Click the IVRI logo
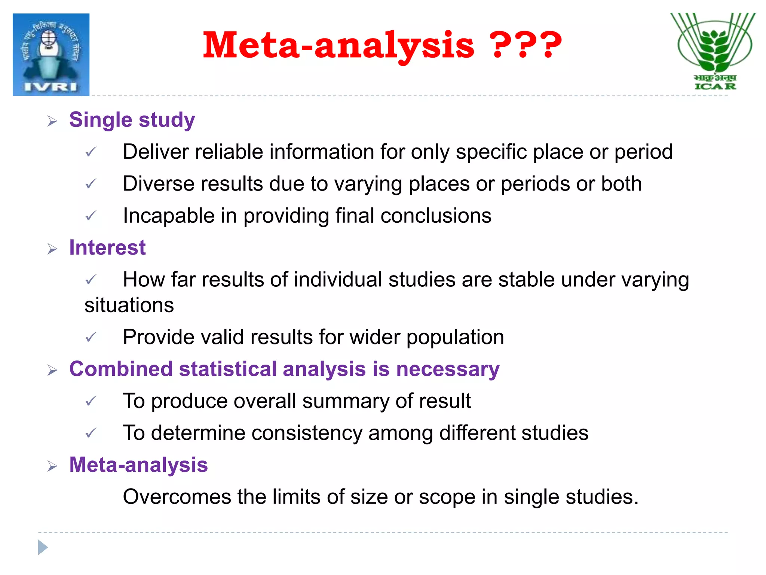[x=51, y=55]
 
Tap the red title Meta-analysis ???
[x=382, y=46]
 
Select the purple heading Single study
[x=132, y=120]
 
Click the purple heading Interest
[x=107, y=248]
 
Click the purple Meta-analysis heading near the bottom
[x=138, y=465]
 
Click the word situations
[x=129, y=305]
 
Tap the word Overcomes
[x=177, y=497]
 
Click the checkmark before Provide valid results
[x=91, y=337]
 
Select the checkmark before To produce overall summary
[x=91, y=401]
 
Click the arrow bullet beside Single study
[x=52, y=121]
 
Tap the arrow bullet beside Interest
[x=52, y=249]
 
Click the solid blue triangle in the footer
[x=43, y=548]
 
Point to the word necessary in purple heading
[x=448, y=369]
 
